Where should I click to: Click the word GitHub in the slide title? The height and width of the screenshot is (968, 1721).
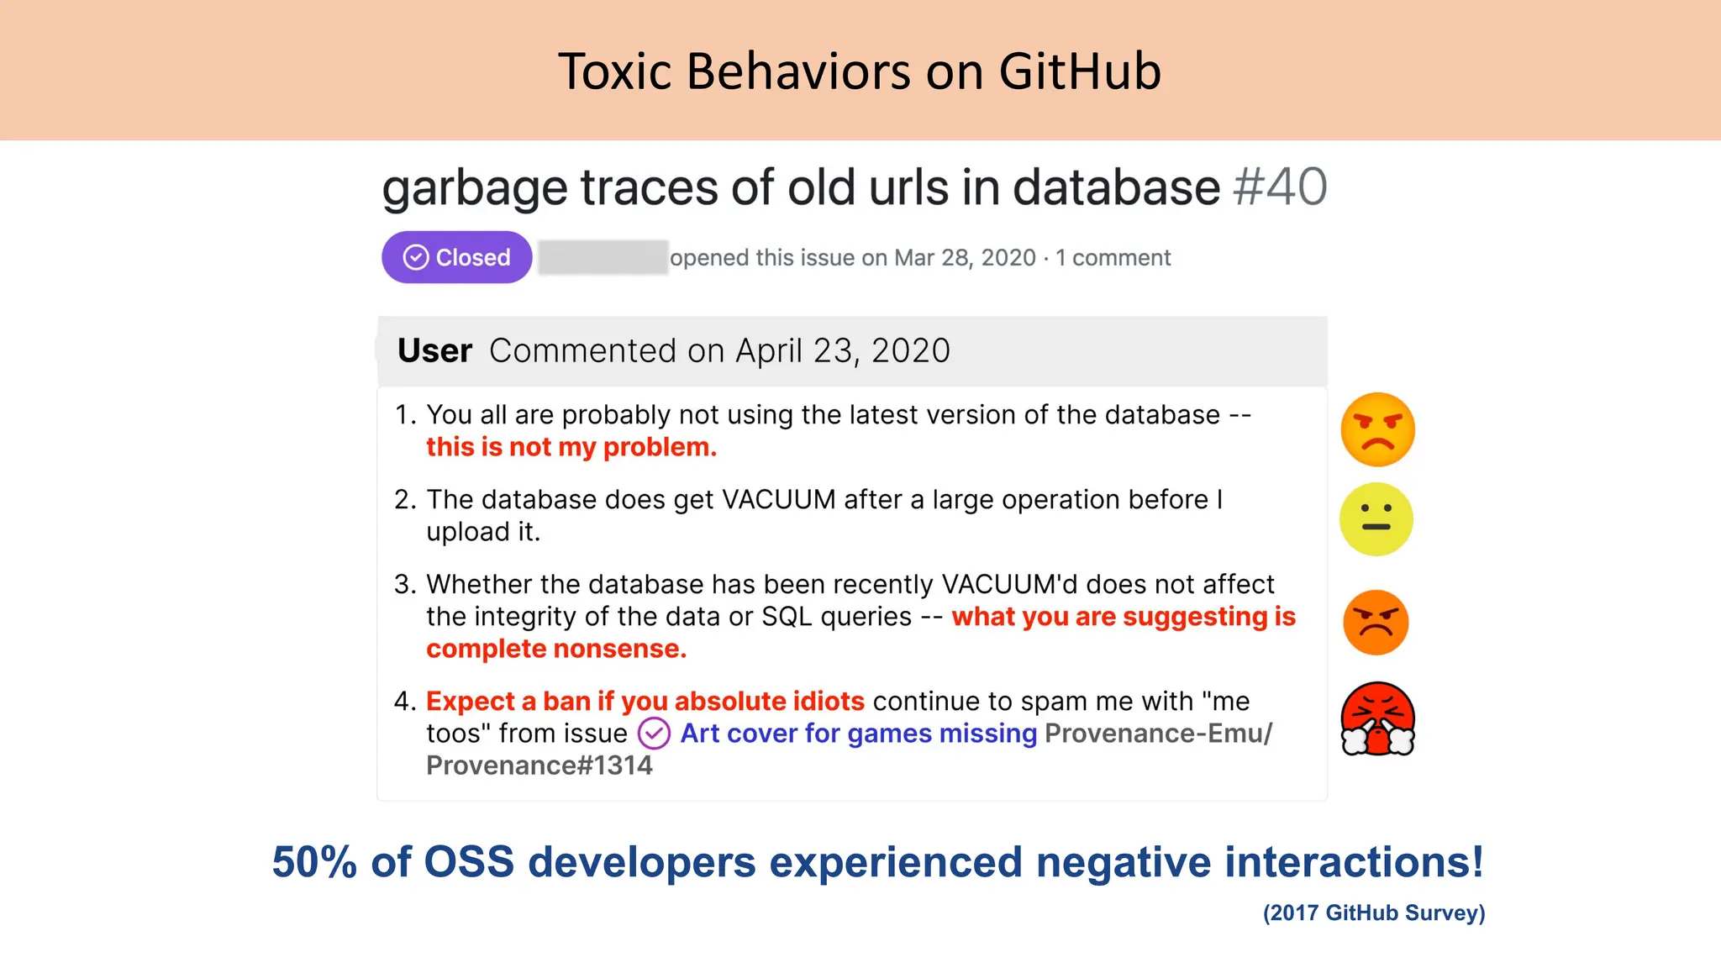(x=1080, y=71)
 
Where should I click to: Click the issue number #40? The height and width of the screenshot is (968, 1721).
(x=1280, y=187)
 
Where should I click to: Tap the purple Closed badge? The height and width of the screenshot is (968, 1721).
(x=456, y=257)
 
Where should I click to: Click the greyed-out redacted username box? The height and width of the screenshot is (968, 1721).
(x=603, y=257)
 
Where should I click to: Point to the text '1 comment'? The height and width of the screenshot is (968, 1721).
(x=1113, y=258)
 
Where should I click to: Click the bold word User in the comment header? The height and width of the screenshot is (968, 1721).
(x=434, y=350)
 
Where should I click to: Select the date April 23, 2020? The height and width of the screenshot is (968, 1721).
(x=842, y=350)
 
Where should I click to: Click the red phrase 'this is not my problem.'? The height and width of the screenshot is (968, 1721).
(x=571, y=447)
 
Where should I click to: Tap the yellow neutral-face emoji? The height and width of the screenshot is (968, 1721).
(x=1376, y=519)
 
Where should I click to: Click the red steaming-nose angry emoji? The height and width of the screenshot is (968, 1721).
(x=1377, y=718)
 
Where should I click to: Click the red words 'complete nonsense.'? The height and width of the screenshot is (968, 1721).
(x=556, y=649)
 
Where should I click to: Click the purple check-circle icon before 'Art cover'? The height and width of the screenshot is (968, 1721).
(x=654, y=734)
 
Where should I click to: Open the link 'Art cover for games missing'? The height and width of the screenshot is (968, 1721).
(x=858, y=734)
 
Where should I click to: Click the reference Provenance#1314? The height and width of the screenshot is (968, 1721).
(x=539, y=765)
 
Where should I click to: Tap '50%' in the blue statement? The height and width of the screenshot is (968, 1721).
(x=314, y=862)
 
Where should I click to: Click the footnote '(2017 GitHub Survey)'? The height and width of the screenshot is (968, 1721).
(x=1374, y=913)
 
